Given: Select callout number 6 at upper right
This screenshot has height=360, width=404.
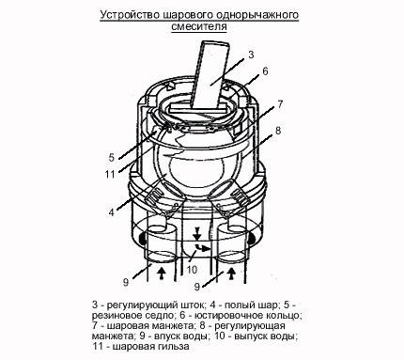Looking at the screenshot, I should [x=266, y=71].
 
